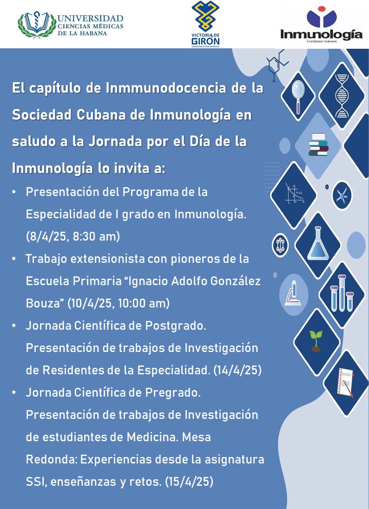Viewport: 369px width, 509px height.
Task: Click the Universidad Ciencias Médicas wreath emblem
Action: (x=37, y=25)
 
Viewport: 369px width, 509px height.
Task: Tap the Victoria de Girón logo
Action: (x=205, y=24)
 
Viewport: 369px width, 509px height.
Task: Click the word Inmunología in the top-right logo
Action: (x=321, y=33)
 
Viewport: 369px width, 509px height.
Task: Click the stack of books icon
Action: (x=319, y=145)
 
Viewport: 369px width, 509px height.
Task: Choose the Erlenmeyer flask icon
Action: (x=318, y=243)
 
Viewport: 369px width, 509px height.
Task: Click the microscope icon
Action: (x=293, y=293)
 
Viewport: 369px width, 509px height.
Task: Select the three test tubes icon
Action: (x=342, y=293)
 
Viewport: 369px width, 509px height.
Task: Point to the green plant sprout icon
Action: (x=316, y=341)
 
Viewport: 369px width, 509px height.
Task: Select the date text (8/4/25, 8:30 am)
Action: (x=73, y=237)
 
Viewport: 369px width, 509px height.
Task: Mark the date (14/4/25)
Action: (x=237, y=371)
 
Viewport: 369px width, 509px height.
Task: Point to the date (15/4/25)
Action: (x=189, y=482)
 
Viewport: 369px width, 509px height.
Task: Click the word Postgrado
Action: (x=175, y=326)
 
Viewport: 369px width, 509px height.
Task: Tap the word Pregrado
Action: (x=173, y=393)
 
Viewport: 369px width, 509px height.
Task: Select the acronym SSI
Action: (x=37, y=482)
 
